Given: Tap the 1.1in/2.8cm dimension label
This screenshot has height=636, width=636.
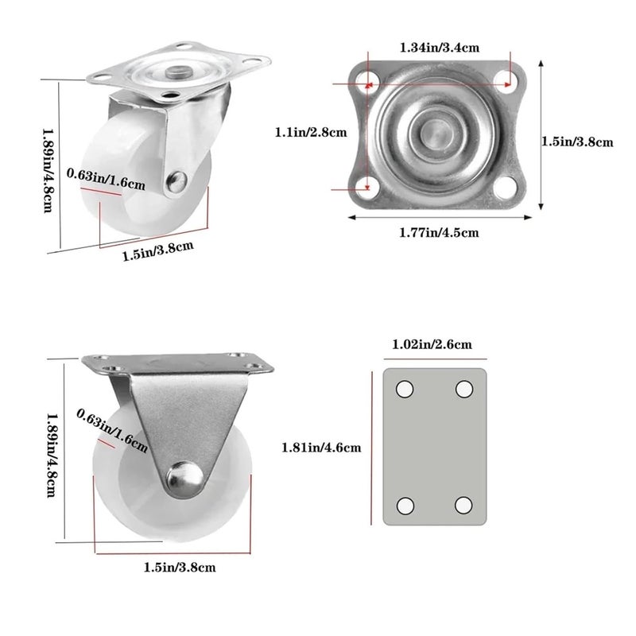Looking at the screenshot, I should tap(311, 132).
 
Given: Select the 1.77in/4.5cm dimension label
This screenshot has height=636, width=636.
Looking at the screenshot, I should tap(439, 232).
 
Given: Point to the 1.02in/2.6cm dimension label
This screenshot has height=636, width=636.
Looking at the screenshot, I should tap(432, 344).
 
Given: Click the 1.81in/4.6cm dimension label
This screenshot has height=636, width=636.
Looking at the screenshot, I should tap(321, 448).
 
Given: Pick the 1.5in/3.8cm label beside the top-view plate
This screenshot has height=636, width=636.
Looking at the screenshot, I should tap(578, 142).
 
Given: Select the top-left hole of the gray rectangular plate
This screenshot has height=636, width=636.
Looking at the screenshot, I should tap(405, 389).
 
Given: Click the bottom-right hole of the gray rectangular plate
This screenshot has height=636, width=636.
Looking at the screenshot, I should tap(464, 506).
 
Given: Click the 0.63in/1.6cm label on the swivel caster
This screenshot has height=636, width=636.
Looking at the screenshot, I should tap(106, 178).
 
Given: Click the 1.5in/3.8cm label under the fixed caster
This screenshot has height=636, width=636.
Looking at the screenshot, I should tap(180, 567).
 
